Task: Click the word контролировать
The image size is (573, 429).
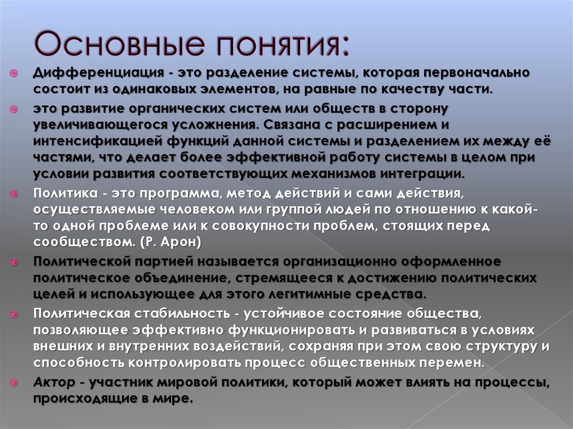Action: click(182, 362)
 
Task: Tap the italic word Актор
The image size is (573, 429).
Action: click(54, 383)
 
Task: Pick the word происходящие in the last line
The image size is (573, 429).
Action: click(86, 399)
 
